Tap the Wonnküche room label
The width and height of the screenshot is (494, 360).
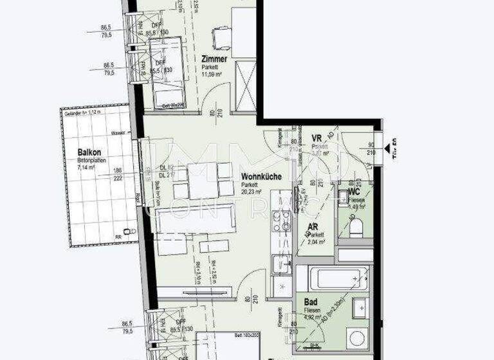tap(261, 176)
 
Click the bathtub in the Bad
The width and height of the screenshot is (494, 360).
tap(332, 277)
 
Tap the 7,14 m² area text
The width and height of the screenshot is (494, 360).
tap(86, 167)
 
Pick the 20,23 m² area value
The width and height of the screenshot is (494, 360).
tap(252, 192)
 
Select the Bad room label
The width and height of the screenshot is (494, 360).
tap(311, 301)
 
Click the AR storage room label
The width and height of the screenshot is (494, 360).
tap(313, 227)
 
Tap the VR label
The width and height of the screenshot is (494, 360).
tap(316, 138)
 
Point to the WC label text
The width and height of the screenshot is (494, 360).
tap(353, 192)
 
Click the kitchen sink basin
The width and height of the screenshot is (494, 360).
tap(280, 264)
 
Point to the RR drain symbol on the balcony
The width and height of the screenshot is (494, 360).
tap(131, 231)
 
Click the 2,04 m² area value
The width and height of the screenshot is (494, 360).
tap(316, 242)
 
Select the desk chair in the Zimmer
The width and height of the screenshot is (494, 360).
tap(221, 39)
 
